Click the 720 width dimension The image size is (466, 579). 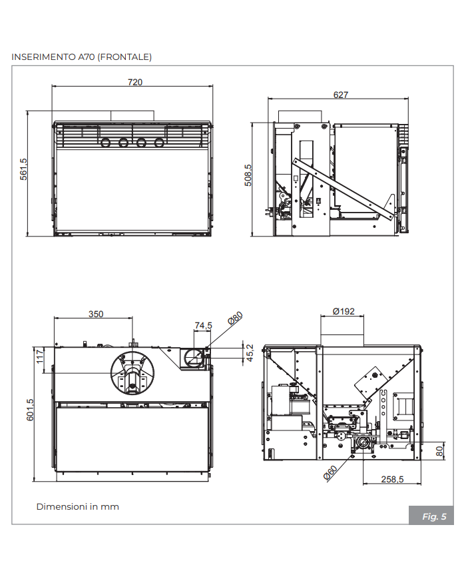click(135, 82)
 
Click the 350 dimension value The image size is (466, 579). click(96, 314)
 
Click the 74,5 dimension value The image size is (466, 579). click(202, 325)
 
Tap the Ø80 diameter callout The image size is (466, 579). click(235, 318)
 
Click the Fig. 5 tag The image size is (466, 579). click(433, 516)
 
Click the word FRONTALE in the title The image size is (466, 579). click(125, 57)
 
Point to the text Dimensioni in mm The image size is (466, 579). click(77, 507)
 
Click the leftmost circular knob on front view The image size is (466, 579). click(106, 142)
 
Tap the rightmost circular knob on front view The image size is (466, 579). click(159, 142)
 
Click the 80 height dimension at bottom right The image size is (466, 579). click(440, 450)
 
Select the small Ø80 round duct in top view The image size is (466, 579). click(193, 357)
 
